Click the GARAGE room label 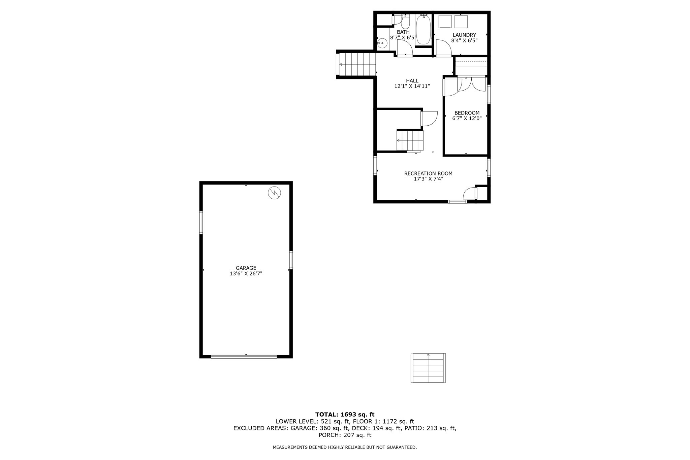pos(246,268)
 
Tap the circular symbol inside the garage pos(274,193)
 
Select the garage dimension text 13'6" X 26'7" pos(246,274)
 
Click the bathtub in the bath pos(424,30)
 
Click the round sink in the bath pos(382,43)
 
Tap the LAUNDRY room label pos(464,35)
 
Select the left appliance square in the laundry pos(445,22)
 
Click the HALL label pos(412,81)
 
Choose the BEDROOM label pos(467,113)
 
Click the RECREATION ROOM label pos(428,173)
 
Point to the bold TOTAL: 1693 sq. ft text pos(345,415)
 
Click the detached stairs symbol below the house pos(428,368)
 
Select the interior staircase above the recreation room pos(410,141)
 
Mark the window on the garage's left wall pos(201,223)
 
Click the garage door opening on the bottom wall pos(244,356)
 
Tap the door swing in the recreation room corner pos(469,194)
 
